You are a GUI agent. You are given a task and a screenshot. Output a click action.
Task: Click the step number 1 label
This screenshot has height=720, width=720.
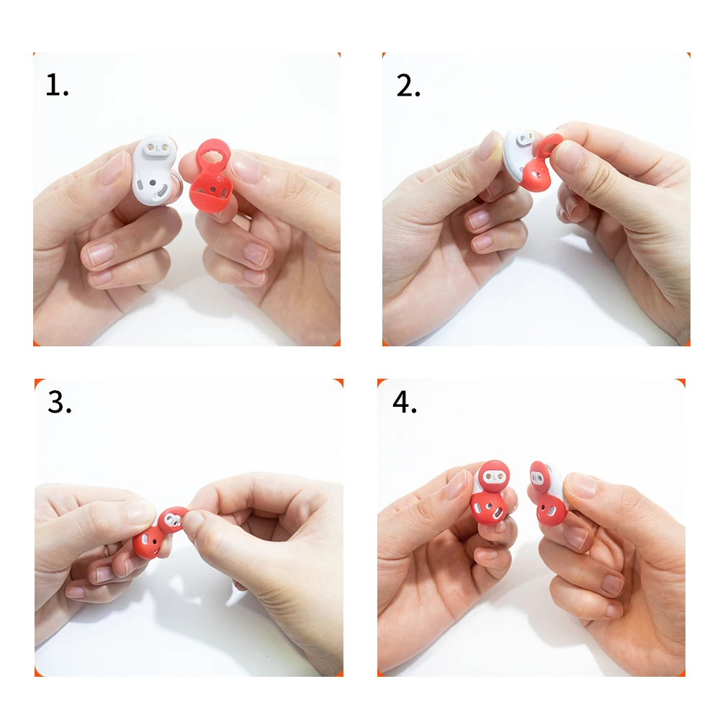tap(57, 85)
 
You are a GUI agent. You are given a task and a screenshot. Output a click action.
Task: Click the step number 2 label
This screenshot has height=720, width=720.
tap(408, 85)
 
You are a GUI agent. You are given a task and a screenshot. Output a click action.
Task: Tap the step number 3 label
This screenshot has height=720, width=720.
tap(60, 402)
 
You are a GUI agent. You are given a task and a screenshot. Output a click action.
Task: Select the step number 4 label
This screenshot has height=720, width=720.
tap(405, 402)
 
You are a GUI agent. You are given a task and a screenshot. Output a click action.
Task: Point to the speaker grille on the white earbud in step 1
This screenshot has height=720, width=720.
tap(162, 190)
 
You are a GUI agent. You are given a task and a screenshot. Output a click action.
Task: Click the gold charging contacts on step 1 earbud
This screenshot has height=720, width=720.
tap(157, 148)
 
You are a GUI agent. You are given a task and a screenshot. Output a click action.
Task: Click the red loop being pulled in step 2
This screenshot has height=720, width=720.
tap(547, 146)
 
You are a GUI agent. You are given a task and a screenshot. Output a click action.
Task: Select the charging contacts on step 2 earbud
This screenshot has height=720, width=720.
tap(526, 138)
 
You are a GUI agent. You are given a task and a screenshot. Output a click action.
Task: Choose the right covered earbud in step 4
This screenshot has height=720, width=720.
tap(548, 494)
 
